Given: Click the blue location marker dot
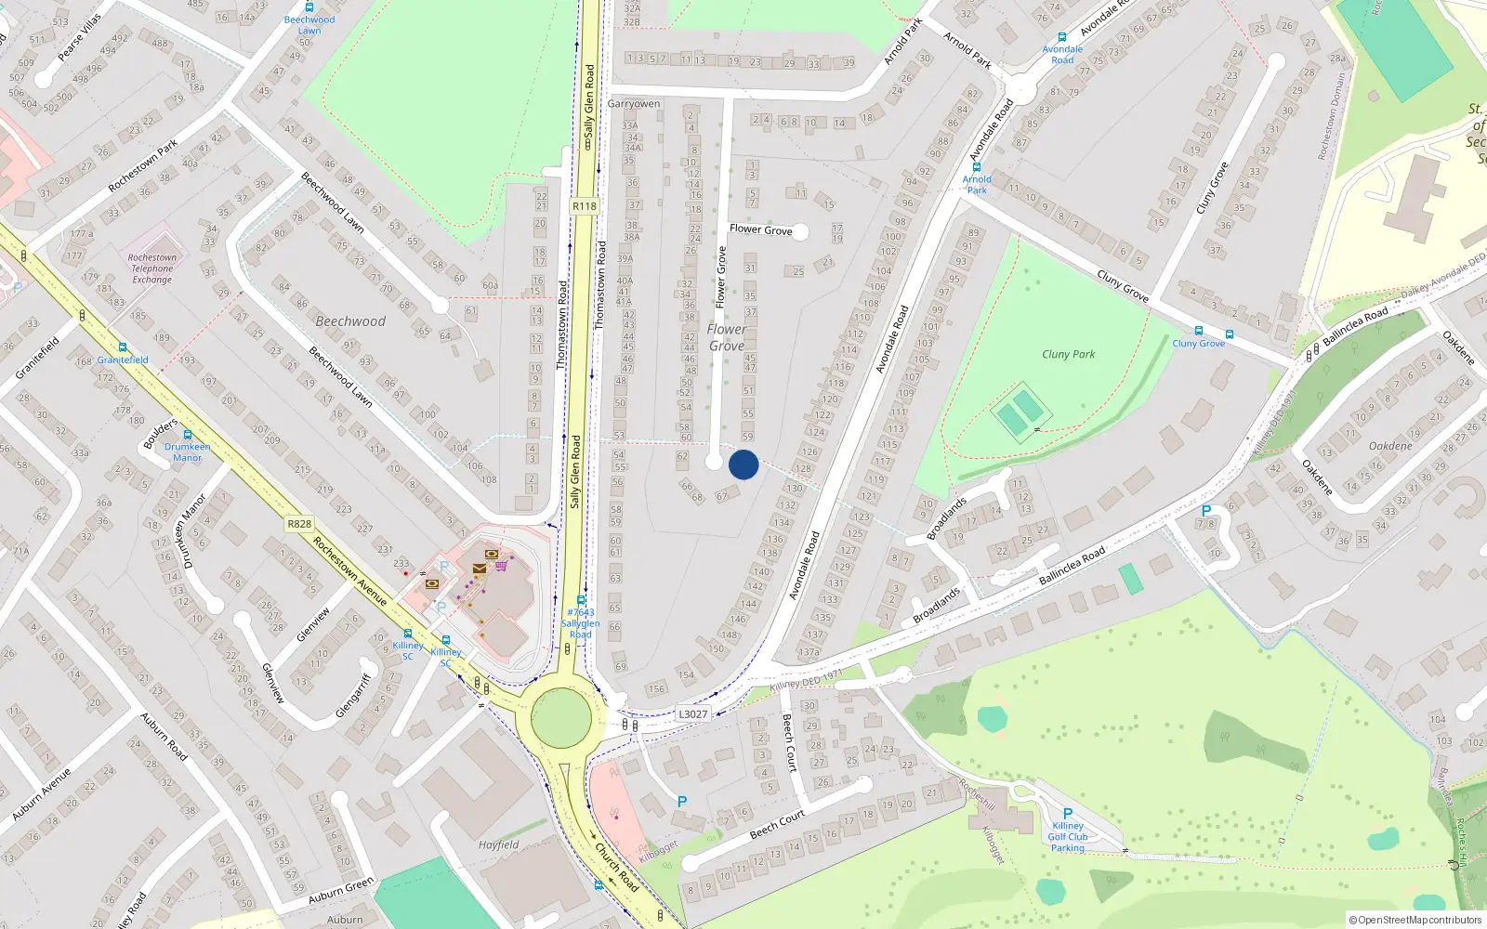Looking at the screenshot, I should point(743,464).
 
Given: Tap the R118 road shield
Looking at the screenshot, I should point(585,206).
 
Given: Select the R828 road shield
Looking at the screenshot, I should point(299,524).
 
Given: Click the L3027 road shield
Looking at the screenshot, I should point(692,713).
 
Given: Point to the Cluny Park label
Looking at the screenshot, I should point(1068,354).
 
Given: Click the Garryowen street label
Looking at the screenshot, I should point(634,104).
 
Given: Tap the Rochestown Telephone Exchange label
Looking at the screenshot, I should point(152,268).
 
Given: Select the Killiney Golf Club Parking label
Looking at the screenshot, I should point(1068,836).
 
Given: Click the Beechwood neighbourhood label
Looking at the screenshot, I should point(350,321).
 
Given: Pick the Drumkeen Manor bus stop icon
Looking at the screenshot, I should point(188,435).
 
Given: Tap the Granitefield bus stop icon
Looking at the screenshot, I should point(122,348).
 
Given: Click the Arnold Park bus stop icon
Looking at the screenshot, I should point(977,168).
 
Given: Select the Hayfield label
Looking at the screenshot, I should point(499,844).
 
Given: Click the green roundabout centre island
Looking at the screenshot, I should point(561,717).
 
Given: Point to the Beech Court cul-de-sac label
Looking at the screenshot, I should point(777,823).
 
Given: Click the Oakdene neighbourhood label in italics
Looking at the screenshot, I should point(1390,446).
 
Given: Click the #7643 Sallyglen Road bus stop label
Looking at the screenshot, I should point(581,623).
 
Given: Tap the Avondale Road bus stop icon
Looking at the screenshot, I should point(1061,38).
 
